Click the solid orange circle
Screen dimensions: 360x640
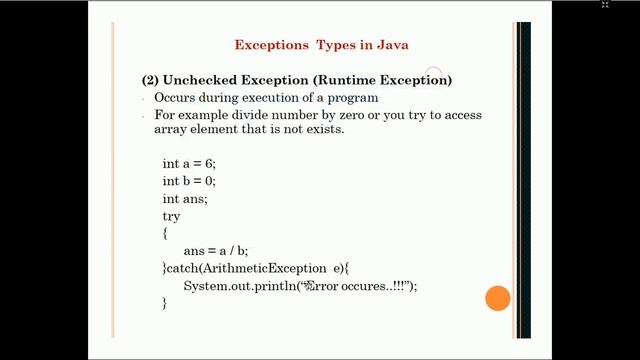497,298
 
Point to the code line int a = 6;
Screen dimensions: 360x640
189,163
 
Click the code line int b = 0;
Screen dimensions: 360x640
189,181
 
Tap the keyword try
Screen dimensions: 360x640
171,216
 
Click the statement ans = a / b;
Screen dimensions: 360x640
215,251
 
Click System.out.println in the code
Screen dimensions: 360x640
233,287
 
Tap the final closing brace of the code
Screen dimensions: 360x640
164,303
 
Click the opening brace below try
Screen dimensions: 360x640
164,233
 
